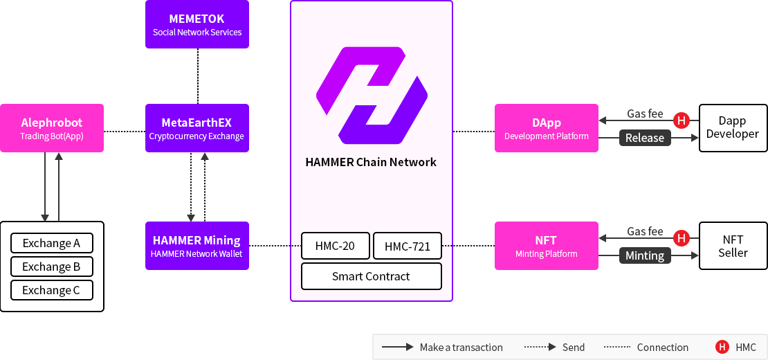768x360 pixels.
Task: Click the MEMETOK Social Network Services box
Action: [196, 25]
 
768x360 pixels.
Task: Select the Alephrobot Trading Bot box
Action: [52, 128]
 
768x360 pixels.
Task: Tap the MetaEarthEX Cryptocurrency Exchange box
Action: [196, 128]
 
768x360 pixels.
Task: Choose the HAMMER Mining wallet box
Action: [196, 246]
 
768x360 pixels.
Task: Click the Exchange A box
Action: [52, 243]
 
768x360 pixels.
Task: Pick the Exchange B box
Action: [52, 267]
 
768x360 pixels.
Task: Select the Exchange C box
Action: [52, 290]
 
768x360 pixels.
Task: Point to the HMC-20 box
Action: [336, 246]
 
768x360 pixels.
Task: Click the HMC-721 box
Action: [407, 246]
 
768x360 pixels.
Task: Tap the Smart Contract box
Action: [371, 276]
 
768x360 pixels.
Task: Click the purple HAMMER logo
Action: [371, 95]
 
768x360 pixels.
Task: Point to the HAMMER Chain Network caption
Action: [371, 162]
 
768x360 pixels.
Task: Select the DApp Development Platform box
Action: [546, 128]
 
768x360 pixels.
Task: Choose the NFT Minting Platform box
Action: [546, 246]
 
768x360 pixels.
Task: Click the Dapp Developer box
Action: [733, 127]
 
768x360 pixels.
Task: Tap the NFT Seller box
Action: [733, 246]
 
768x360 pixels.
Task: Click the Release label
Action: [644, 138]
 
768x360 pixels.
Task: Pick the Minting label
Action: [644, 255]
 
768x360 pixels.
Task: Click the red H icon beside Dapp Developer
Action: [682, 121]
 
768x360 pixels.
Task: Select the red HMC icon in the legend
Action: [722, 347]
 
